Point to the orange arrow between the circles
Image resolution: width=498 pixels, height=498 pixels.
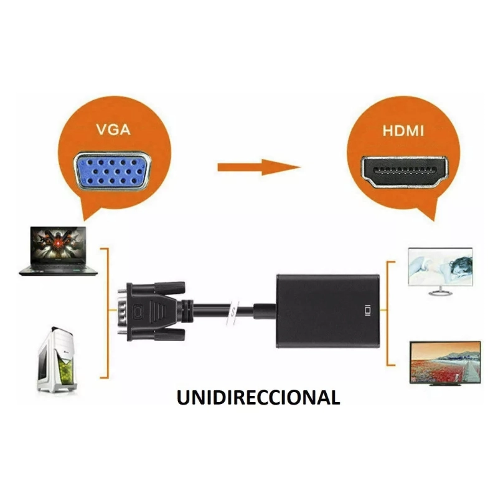258,167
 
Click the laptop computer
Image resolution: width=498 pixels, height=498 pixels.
58,251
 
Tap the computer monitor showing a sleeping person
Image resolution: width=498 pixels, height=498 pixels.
440,268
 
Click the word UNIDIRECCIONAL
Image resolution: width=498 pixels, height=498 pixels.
258,397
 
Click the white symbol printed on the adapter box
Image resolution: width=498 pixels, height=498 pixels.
367,309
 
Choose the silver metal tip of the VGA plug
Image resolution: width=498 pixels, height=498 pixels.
123,311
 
